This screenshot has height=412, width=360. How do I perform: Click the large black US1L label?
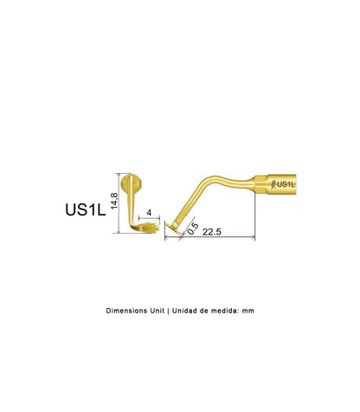[86, 209]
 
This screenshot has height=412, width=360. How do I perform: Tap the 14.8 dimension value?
[114, 201]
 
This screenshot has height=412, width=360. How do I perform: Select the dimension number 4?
[149, 213]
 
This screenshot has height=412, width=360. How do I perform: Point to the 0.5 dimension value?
[193, 229]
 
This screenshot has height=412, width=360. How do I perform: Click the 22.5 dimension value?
[212, 232]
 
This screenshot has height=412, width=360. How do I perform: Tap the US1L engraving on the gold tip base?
[286, 184]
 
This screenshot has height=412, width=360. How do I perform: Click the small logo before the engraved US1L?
[273, 184]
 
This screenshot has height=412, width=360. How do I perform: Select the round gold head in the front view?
[132, 183]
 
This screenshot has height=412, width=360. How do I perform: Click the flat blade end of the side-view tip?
[172, 227]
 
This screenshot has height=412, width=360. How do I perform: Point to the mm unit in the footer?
[248, 312]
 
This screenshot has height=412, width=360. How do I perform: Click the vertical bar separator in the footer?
[168, 311]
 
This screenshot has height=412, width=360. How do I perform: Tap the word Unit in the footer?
[157, 311]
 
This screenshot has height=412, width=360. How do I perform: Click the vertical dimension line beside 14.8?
[119, 203]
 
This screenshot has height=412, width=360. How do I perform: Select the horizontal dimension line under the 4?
[149, 218]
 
